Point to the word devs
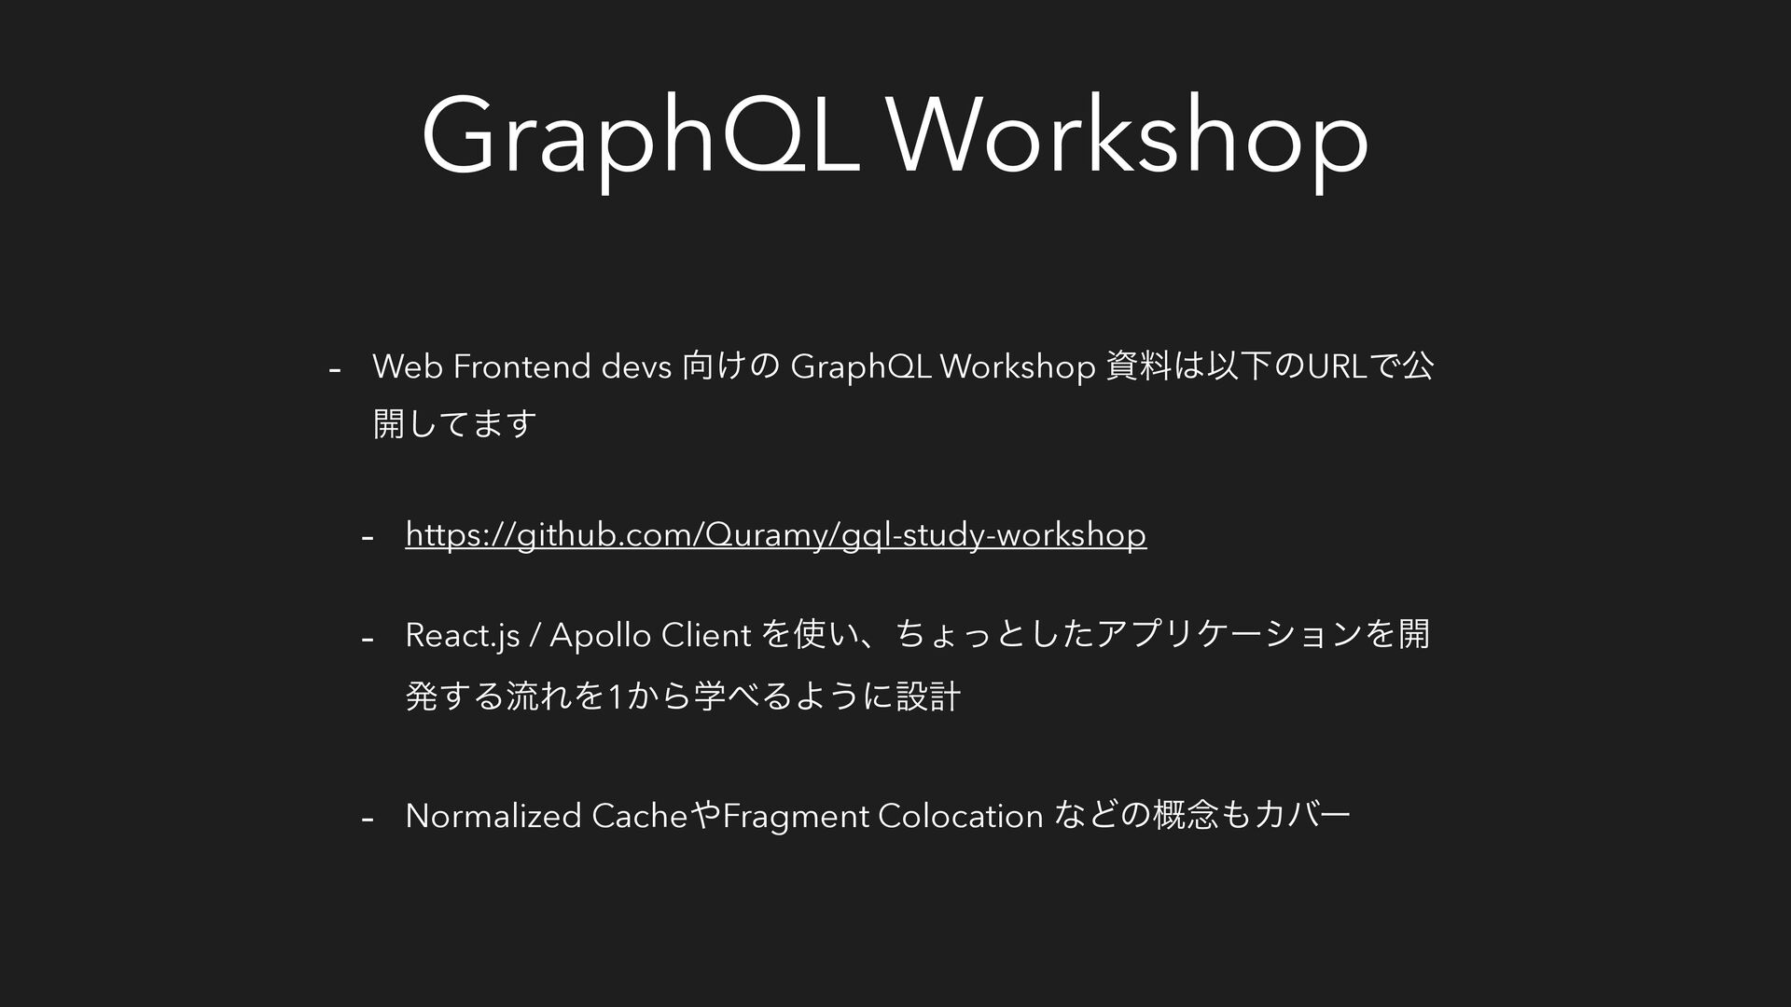click(x=637, y=367)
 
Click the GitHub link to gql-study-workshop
click(x=776, y=535)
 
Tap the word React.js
click(x=463, y=636)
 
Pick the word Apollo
click(x=601, y=636)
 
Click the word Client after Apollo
click(x=706, y=636)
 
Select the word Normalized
click(x=494, y=816)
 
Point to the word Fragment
click(x=796, y=817)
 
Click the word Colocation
click(x=961, y=816)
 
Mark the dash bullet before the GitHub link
click(x=368, y=538)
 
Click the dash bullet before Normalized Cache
click(x=368, y=819)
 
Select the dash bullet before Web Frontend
click(x=335, y=370)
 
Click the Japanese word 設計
click(x=927, y=697)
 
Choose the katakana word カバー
click(x=1303, y=816)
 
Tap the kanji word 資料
click(x=1136, y=367)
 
